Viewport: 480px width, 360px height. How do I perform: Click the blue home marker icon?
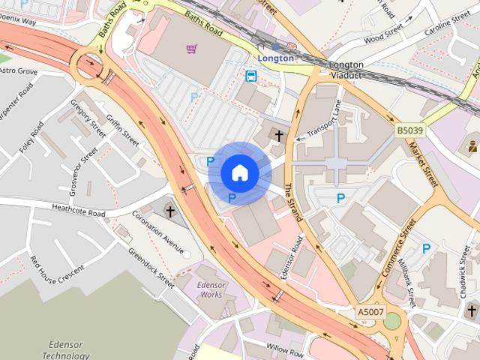point(239,173)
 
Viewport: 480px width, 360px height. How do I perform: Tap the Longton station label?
point(275,57)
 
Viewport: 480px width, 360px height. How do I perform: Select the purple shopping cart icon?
point(192,49)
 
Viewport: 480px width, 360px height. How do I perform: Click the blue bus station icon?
point(250,76)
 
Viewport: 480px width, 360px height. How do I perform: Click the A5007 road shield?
point(370,311)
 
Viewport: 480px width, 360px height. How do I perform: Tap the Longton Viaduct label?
point(346,70)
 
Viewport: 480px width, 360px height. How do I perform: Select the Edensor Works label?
point(211,289)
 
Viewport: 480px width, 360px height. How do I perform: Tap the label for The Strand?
point(292,203)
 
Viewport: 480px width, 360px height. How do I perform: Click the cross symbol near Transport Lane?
point(279,136)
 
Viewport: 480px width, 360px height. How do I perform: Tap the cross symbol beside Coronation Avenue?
point(169,211)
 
